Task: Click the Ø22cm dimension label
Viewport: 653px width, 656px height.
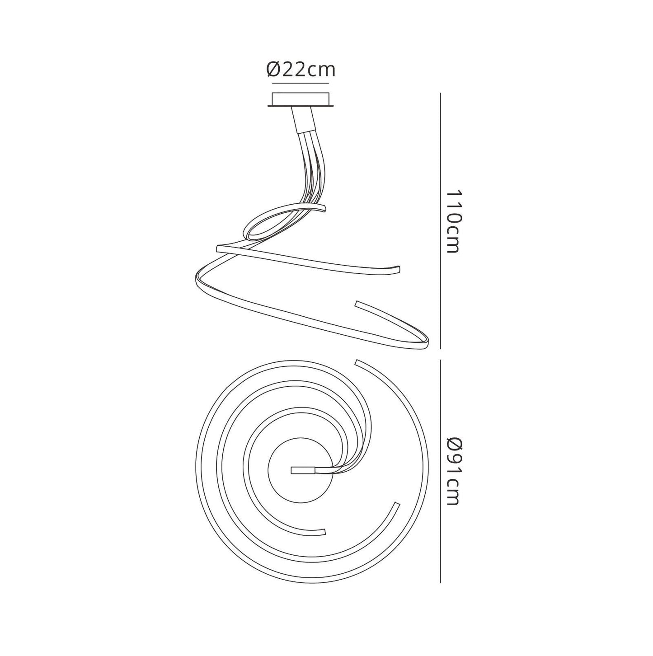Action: [301, 70]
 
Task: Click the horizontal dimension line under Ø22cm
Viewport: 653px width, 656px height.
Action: [301, 83]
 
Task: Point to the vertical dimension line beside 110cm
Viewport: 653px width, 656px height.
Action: [441, 221]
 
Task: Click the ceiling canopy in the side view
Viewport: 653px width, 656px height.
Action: [301, 100]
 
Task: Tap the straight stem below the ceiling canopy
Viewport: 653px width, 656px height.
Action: [303, 120]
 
